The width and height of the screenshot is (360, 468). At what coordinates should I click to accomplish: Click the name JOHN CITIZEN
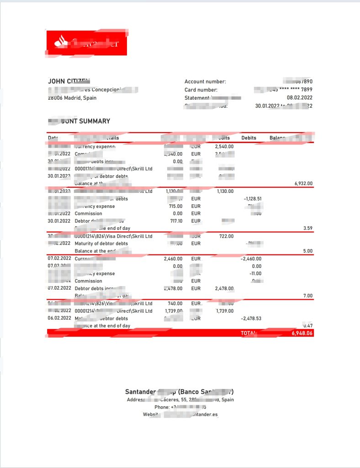click(x=69, y=81)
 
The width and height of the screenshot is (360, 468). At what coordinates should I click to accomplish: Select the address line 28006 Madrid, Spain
click(x=72, y=98)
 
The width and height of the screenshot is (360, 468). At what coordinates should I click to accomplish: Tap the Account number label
click(x=205, y=82)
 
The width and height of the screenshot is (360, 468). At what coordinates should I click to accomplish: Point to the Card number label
click(x=201, y=90)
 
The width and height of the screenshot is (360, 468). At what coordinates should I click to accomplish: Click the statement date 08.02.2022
click(x=299, y=98)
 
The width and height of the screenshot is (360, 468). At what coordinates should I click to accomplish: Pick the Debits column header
click(x=249, y=138)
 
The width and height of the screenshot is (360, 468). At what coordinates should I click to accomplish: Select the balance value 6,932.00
click(x=303, y=183)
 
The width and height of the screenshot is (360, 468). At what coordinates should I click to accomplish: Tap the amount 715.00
click(x=175, y=206)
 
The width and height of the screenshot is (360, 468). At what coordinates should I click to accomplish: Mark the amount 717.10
click(x=175, y=221)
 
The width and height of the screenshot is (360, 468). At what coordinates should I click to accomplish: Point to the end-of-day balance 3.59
click(x=307, y=228)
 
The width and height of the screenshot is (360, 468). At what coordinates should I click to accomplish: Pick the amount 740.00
click(x=175, y=303)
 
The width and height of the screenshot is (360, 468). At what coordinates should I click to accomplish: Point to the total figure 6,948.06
click(x=302, y=333)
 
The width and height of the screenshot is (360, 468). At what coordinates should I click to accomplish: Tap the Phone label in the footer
click(x=162, y=407)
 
